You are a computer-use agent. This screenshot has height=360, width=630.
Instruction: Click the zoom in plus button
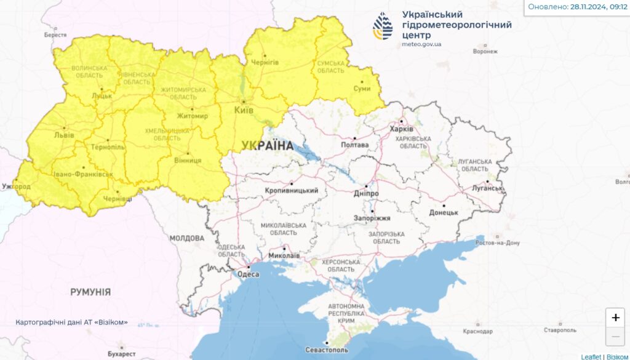[x=615, y=318]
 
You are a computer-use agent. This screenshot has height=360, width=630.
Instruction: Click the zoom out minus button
[x=615, y=337]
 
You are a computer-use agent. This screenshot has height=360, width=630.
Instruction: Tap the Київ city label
[x=244, y=110]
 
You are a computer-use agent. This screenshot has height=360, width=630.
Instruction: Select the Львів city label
[x=64, y=135]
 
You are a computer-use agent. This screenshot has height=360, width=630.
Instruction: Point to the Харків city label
[x=402, y=129]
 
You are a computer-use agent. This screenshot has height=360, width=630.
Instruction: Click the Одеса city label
[x=248, y=274]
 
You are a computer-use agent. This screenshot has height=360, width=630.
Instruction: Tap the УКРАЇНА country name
[x=268, y=146]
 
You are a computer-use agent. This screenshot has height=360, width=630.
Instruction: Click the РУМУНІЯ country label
[x=90, y=292]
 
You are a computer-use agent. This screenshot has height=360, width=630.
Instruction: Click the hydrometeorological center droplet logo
[x=383, y=26]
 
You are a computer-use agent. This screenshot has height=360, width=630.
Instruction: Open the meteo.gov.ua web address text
[x=421, y=44]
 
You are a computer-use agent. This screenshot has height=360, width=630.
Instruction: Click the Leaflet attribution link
[x=591, y=356]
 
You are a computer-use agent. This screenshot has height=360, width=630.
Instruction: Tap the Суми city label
[x=362, y=89]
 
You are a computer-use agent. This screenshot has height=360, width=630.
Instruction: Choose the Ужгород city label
[x=16, y=186]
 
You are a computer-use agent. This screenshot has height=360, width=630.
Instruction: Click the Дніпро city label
[x=366, y=193]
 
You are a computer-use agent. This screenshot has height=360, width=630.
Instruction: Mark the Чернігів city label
[x=265, y=63]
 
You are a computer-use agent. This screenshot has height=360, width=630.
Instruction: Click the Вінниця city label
[x=188, y=161]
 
